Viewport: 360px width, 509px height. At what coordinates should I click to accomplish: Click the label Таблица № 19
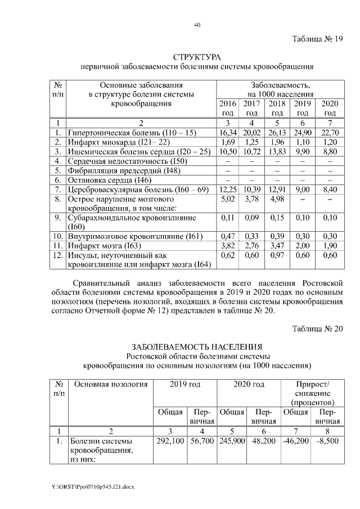click(317, 39)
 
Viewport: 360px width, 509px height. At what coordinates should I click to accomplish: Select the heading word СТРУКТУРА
click(196, 58)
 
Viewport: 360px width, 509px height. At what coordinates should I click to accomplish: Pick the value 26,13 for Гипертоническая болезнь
click(277, 132)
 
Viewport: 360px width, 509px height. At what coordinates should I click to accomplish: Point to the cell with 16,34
click(228, 132)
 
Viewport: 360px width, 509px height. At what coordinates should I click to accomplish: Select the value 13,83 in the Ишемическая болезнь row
click(277, 152)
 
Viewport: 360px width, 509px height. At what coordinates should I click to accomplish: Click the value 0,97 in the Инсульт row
click(277, 255)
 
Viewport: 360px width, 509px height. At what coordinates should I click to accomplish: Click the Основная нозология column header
click(111, 384)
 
